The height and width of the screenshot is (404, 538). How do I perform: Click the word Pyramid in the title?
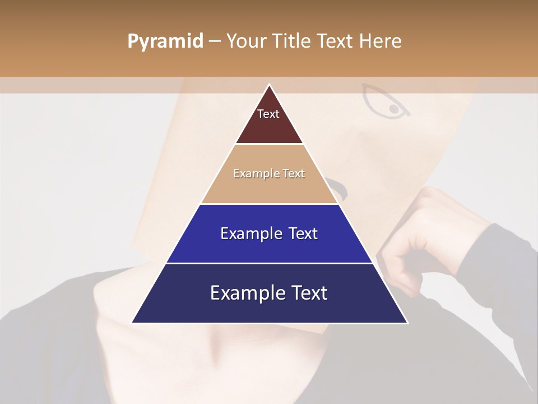pyautogui.click(x=165, y=42)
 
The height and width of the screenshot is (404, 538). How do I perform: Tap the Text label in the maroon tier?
pyautogui.click(x=268, y=114)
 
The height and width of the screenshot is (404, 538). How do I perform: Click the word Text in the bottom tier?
pyautogui.click(x=310, y=293)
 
